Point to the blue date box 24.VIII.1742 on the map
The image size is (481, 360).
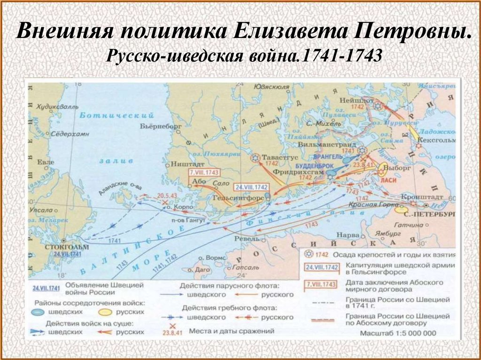250,186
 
